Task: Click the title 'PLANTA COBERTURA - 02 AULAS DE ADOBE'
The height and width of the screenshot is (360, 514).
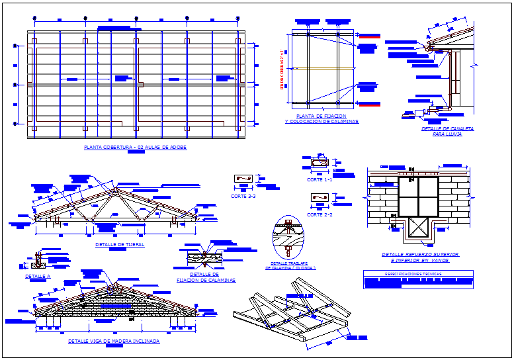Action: [135, 147]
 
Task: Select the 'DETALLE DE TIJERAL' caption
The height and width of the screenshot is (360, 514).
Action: [120, 245]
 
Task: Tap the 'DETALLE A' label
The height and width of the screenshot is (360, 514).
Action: [38, 276]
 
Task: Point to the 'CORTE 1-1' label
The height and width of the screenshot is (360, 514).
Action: [320, 179]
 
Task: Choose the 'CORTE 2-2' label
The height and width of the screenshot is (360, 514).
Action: [320, 214]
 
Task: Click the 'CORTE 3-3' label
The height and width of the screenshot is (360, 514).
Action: [243, 196]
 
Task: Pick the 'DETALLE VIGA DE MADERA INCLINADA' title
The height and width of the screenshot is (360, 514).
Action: [114, 341]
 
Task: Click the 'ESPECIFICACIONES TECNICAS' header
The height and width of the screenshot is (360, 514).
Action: [418, 273]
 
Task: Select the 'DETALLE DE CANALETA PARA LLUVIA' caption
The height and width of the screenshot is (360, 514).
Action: [447, 131]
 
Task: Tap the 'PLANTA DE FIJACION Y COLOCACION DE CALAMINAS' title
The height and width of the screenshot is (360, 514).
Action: [322, 120]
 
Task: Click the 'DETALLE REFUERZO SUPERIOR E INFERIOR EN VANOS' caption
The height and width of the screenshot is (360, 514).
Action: [420, 257]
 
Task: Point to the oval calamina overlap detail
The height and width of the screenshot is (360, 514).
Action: [288, 236]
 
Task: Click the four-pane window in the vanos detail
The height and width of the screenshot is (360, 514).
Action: [418, 196]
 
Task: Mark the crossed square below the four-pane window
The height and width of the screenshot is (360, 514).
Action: [418, 229]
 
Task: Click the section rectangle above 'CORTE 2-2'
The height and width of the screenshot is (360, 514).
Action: [320, 198]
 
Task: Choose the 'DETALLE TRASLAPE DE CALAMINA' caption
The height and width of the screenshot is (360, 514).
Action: [290, 265]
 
